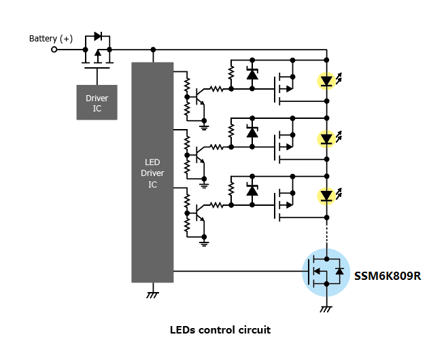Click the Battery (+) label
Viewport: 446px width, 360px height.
pos(51,38)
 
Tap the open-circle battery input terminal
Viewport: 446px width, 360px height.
pos(54,50)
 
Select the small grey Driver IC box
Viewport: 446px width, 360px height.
pos(97,103)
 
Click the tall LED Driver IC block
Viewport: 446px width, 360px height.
pos(152,172)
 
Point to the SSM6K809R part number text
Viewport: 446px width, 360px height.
pos(388,276)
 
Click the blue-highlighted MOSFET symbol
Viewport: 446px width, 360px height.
pos(326,272)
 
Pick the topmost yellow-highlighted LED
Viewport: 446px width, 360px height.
pos(326,81)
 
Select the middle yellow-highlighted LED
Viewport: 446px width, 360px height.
pos(326,139)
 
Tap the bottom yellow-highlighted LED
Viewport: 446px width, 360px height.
pos(326,196)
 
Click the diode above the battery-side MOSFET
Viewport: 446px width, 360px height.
pos(98,36)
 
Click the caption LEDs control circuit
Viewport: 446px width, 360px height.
pos(220,330)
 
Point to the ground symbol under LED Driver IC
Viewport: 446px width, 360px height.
pos(153,295)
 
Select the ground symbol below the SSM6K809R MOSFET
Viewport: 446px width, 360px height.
pos(326,309)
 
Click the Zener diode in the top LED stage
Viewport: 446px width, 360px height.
pos(252,74)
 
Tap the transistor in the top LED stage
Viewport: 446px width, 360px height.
pos(200,97)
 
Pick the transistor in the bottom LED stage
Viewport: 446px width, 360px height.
pos(200,213)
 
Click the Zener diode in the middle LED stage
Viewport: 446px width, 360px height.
pos(252,132)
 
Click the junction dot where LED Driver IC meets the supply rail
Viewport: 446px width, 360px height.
pos(153,50)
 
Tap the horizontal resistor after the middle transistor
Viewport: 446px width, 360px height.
pos(216,147)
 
